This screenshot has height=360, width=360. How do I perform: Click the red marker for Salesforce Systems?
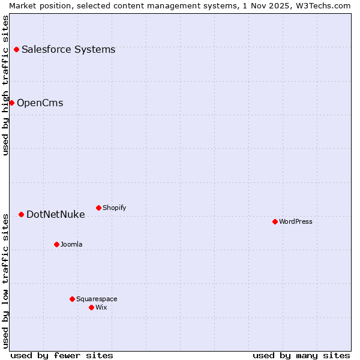click(x=16, y=49)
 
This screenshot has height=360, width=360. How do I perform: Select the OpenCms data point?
click(x=11, y=103)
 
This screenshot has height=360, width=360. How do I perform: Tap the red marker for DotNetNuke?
click(x=21, y=214)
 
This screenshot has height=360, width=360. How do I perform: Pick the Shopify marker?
click(x=98, y=208)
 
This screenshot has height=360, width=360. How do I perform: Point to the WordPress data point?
click(x=275, y=221)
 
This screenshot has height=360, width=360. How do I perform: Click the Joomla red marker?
click(x=56, y=244)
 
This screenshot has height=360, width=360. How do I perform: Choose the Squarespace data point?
click(x=72, y=299)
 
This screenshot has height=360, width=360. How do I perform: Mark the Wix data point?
click(x=91, y=307)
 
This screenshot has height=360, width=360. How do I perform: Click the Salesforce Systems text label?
click(x=68, y=49)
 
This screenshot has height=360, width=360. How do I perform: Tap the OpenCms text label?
click(x=40, y=103)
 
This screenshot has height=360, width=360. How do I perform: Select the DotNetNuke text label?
click(x=56, y=214)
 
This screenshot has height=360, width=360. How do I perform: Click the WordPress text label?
click(x=296, y=221)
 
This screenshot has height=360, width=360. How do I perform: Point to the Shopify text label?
click(x=115, y=208)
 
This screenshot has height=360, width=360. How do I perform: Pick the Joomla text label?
click(x=71, y=244)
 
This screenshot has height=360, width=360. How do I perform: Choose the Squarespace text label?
click(x=97, y=299)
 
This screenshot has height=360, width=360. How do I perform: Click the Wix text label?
click(x=101, y=307)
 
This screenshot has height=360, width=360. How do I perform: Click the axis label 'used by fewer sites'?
click(x=62, y=355)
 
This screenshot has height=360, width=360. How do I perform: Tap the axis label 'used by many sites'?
click(x=301, y=355)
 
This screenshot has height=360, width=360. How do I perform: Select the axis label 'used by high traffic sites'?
click(x=5, y=85)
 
